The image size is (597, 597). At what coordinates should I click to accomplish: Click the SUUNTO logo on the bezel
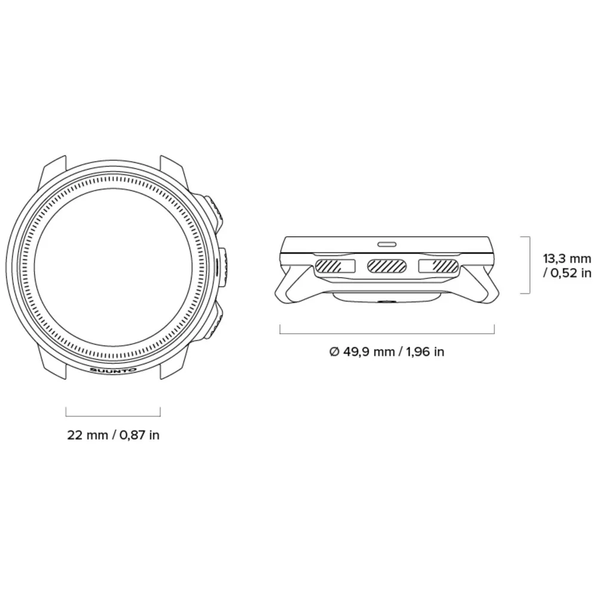coord(113,370)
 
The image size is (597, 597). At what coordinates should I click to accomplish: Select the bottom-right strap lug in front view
coord(173,365)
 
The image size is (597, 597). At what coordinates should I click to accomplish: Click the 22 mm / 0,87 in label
coord(113,435)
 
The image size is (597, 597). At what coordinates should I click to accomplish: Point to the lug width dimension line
coord(113,415)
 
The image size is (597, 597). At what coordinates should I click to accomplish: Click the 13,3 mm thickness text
coord(567,259)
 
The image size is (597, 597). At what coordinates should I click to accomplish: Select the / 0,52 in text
coord(567,274)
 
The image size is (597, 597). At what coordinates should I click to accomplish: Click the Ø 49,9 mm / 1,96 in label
coord(387,352)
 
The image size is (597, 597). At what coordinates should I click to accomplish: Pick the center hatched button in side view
coord(387,266)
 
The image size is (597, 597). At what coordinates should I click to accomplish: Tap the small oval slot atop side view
coord(387,244)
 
